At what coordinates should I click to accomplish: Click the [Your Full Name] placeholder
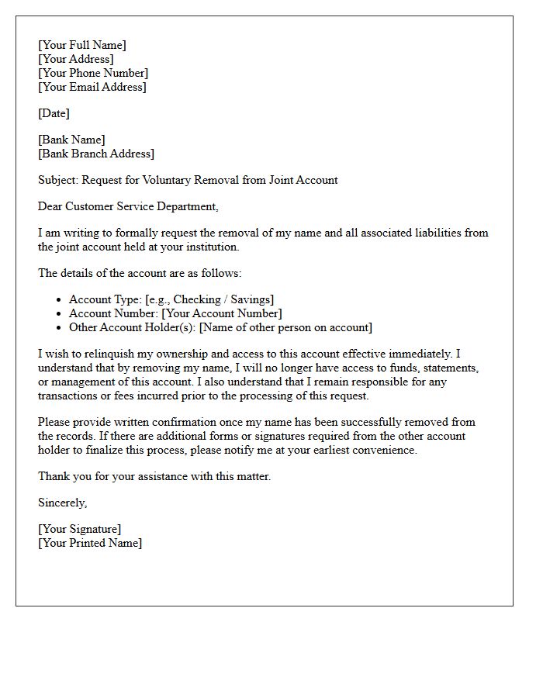[x=82, y=45]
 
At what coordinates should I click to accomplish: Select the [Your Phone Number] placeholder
[x=93, y=73]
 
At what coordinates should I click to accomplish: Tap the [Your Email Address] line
[x=92, y=87]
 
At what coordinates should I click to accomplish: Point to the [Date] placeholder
[x=54, y=113]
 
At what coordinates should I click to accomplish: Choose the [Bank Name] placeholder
[x=71, y=140]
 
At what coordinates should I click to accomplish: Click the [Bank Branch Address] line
[x=96, y=154]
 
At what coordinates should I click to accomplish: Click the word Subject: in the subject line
[x=58, y=180]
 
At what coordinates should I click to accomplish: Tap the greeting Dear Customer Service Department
[x=128, y=206]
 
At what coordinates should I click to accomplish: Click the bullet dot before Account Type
[x=60, y=300]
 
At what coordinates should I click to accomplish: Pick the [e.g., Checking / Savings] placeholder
[x=209, y=299]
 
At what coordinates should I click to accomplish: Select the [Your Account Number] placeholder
[x=222, y=313]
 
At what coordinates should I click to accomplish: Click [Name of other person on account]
[x=285, y=327]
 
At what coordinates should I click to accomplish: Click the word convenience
[x=383, y=450]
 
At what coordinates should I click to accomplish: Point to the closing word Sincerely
[x=62, y=503]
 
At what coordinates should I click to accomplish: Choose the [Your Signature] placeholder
[x=80, y=529]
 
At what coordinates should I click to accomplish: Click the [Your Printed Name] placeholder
[x=90, y=543]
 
